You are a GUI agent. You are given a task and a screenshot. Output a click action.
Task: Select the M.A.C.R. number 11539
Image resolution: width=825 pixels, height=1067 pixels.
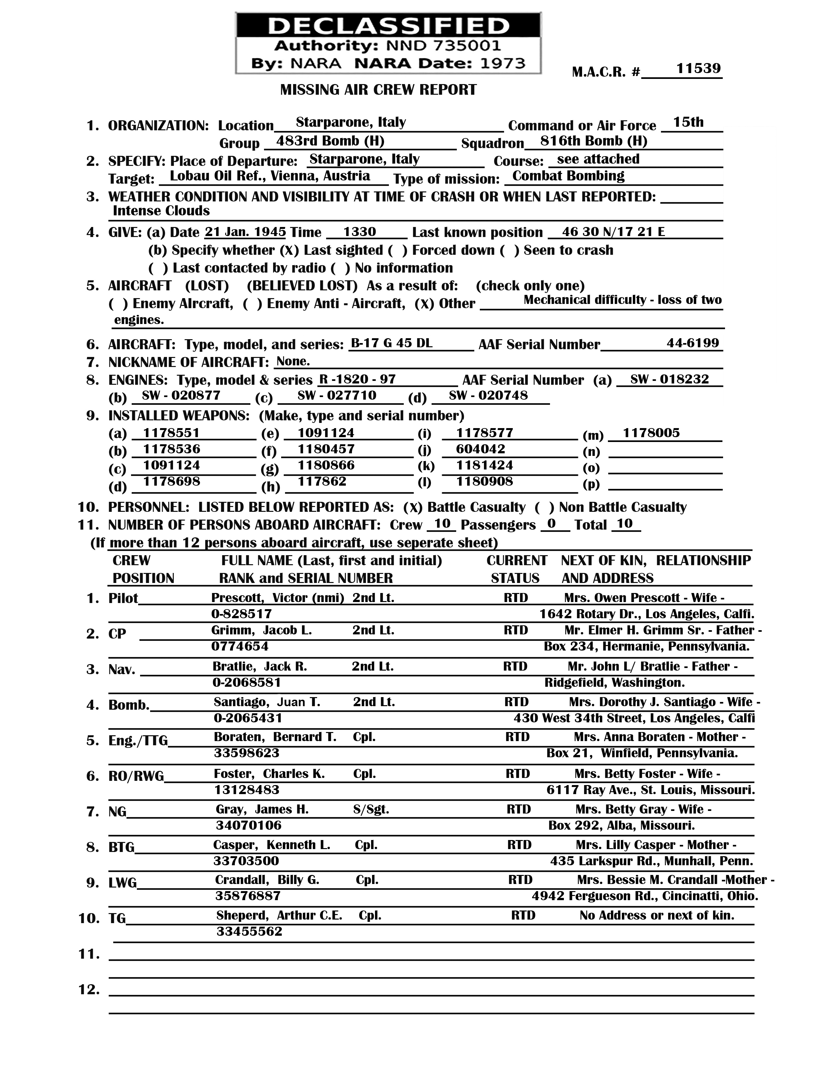click(698, 69)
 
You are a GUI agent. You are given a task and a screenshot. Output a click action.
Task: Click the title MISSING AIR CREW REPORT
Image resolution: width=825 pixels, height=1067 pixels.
click(378, 90)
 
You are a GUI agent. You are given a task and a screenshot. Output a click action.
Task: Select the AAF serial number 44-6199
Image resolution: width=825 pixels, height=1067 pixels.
click(693, 343)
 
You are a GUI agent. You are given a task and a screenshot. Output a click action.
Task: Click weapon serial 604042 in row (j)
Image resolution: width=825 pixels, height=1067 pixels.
click(480, 449)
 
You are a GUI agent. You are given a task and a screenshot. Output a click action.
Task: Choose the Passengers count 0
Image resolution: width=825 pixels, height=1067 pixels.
click(551, 524)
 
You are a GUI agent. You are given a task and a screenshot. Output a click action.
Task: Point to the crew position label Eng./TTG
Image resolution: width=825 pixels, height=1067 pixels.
click(138, 741)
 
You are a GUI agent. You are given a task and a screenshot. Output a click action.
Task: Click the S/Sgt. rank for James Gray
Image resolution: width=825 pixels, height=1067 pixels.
click(371, 810)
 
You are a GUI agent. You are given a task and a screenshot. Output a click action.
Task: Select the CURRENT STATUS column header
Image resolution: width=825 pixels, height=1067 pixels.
click(516, 569)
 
